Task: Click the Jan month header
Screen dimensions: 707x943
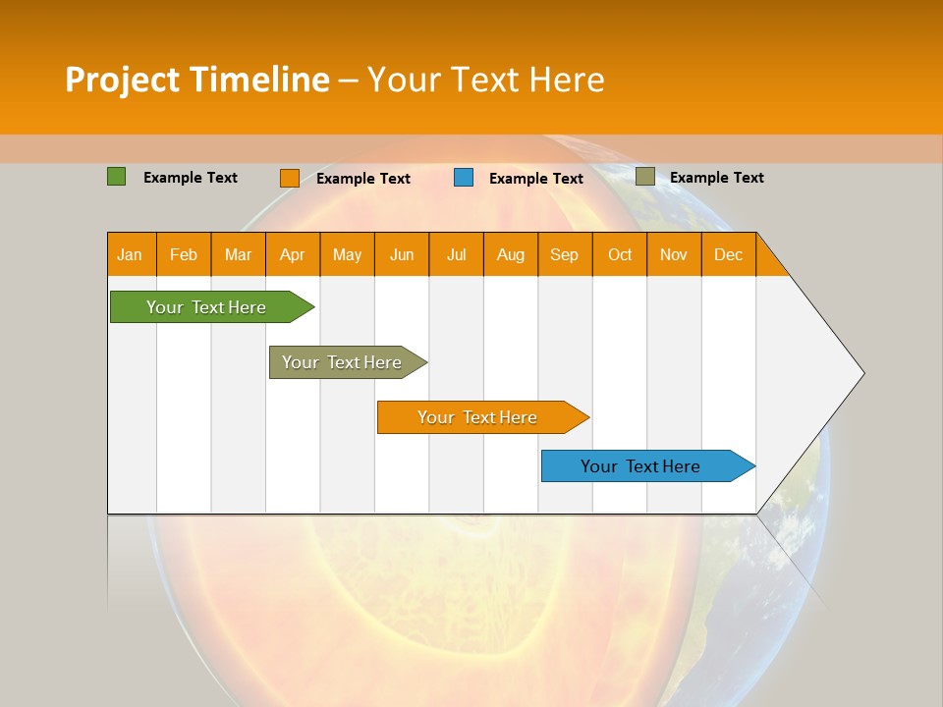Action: coord(131,254)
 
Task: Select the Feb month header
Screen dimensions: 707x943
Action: coord(184,254)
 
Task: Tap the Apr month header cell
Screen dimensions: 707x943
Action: coord(293,254)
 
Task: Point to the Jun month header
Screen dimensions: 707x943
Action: coord(402,254)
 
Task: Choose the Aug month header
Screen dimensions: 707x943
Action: coord(511,254)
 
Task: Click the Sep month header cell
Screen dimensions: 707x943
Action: coord(565,254)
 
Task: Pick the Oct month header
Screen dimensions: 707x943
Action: coord(620,254)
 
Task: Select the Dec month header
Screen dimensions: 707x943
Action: coord(729,254)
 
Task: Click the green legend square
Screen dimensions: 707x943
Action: coord(117,177)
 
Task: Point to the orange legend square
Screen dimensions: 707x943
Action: coord(290,178)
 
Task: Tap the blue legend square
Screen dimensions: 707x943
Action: coord(464,178)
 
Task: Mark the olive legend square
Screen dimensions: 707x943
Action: coord(645,177)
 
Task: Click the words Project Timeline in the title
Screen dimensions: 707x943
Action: coord(196,80)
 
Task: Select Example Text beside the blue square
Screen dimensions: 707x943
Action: coord(536,179)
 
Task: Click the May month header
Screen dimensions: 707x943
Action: coord(347,254)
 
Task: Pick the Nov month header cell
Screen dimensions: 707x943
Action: coord(674,254)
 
